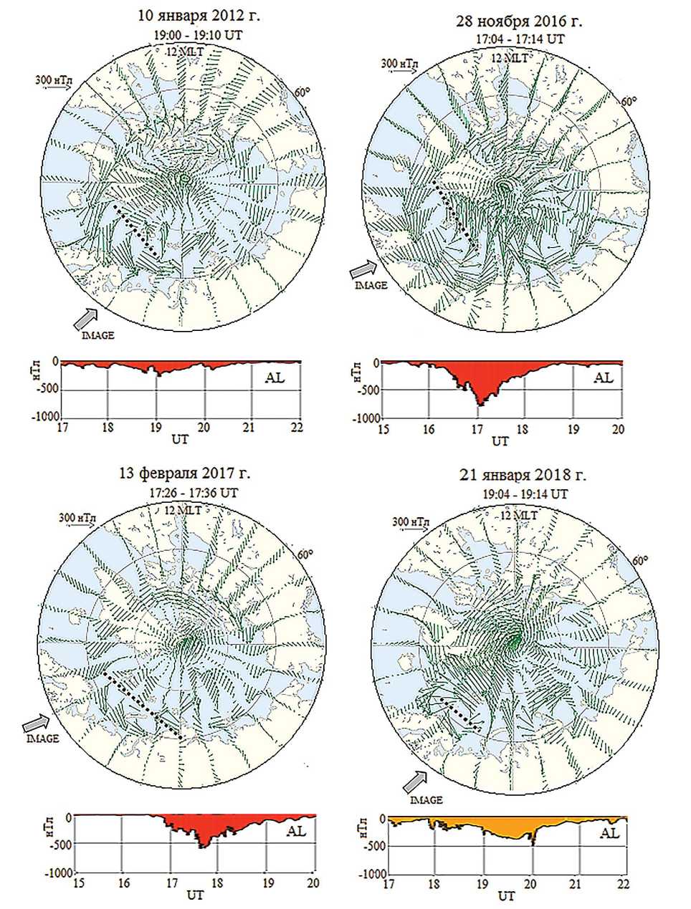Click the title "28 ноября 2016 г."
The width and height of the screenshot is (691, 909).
(520, 21)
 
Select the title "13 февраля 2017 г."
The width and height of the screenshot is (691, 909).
(185, 473)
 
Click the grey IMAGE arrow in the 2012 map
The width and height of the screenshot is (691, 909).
(87, 316)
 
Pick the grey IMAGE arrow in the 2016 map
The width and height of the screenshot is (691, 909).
(363, 269)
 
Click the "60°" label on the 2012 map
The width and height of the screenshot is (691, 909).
(304, 92)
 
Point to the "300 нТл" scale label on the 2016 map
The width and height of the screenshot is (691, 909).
(399, 64)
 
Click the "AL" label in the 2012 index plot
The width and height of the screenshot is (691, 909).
(275, 377)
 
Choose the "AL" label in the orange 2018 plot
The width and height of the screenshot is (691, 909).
(609, 833)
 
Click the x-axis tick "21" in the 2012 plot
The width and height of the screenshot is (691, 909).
(251, 427)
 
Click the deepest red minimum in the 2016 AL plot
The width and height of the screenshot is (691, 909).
(481, 404)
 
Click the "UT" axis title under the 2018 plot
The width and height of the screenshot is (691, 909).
(507, 896)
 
